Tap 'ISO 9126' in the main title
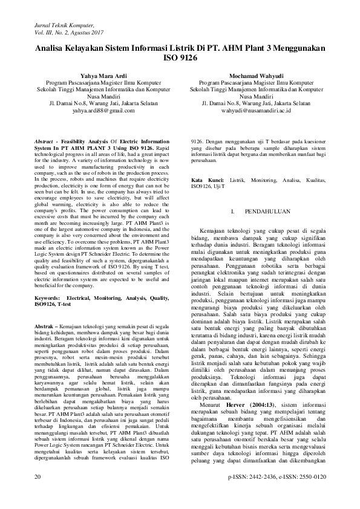click(180, 60)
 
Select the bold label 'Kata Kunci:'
click(208, 181)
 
